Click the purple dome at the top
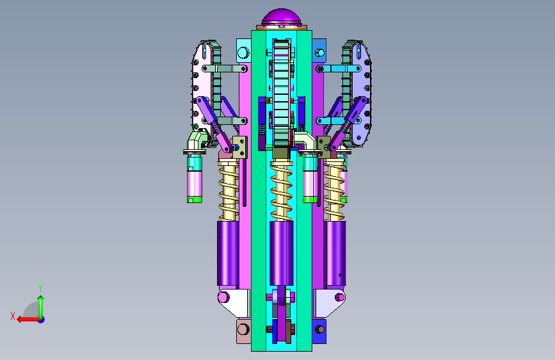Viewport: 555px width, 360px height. point(282,17)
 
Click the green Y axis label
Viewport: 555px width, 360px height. point(40,288)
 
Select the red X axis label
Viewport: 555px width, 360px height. point(13,316)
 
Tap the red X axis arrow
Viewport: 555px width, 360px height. point(28,320)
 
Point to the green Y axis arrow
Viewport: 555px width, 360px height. point(41,306)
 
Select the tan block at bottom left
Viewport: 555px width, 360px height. point(243,331)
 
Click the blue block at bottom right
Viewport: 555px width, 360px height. point(319,331)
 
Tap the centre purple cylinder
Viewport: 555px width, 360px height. point(282,254)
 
